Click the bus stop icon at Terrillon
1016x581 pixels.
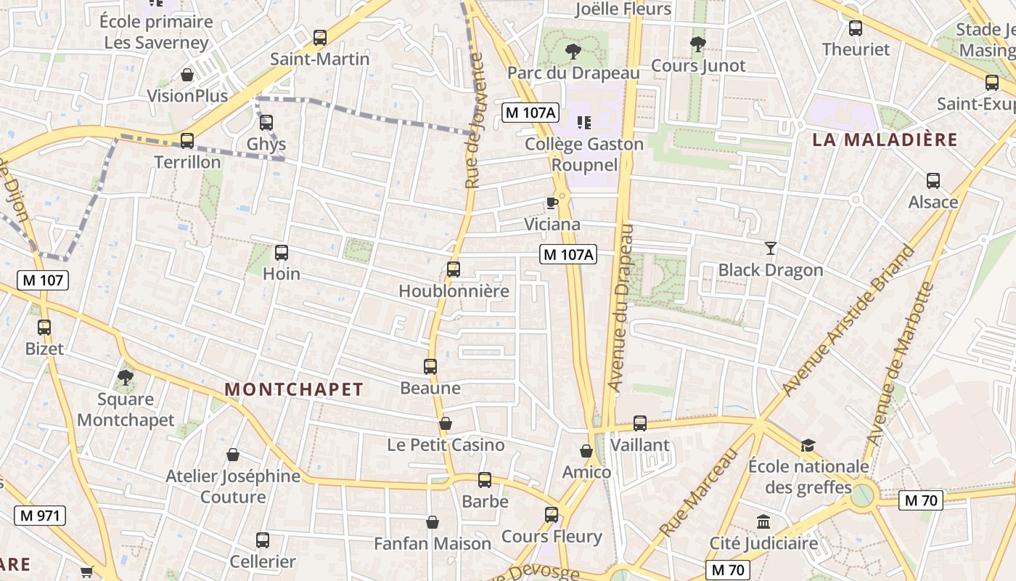187,141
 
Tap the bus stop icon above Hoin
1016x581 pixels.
282,253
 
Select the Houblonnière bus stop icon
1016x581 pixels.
454,269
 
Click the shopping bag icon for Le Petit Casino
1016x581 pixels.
446,423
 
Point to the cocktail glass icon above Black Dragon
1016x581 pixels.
771,248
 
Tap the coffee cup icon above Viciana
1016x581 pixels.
552,203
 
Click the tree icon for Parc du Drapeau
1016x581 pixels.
573,52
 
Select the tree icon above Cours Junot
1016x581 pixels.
698,44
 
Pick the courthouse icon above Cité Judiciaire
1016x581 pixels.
763,521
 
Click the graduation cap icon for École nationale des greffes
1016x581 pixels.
808,445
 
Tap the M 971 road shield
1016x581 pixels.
40,516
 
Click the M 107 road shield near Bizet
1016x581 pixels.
43,280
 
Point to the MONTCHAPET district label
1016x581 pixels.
293,390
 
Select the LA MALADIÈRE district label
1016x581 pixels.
885,140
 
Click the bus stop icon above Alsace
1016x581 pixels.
933,181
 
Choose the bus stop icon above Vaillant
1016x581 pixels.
640,423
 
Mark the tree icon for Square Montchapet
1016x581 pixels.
126,378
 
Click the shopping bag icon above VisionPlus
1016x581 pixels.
187,75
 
